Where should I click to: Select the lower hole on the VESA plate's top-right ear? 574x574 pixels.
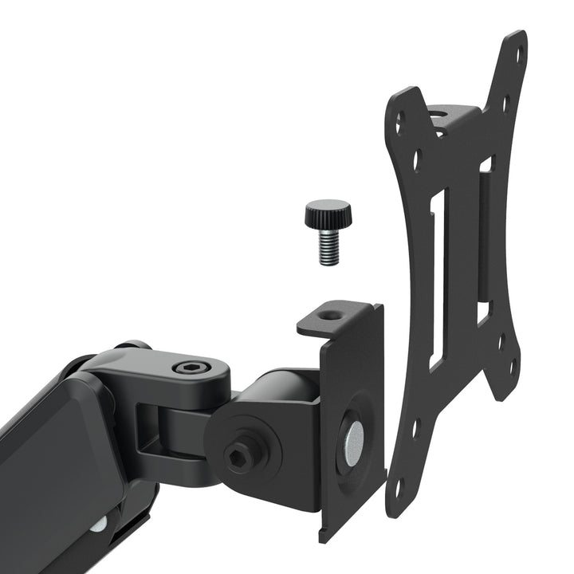(505, 101)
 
